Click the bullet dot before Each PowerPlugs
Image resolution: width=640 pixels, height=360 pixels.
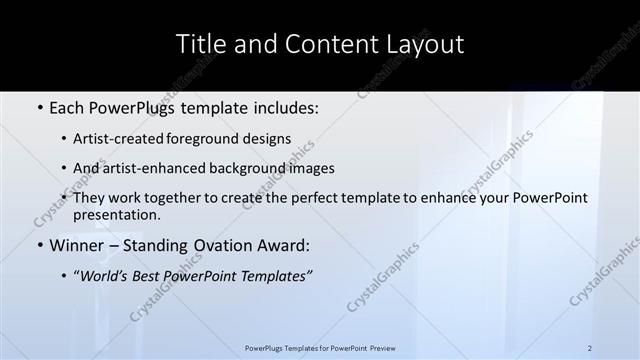(39, 108)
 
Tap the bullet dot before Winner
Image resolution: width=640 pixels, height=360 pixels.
(39, 245)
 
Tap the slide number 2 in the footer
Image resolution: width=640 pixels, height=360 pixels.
(590, 348)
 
